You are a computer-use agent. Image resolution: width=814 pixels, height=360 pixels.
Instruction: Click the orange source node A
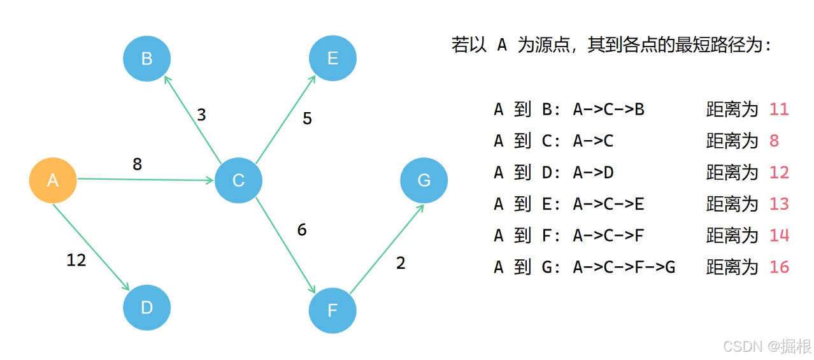click(53, 180)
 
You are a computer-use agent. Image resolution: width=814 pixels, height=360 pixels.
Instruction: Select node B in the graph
click(146, 59)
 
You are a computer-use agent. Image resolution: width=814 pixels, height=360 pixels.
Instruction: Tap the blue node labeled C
click(238, 180)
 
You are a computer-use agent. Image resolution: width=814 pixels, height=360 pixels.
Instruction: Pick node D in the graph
click(146, 308)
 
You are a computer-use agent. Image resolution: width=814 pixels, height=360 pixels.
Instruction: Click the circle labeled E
click(332, 59)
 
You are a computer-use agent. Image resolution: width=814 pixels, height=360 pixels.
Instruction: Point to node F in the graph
click(332, 310)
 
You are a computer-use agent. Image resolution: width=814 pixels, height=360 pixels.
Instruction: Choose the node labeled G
click(424, 180)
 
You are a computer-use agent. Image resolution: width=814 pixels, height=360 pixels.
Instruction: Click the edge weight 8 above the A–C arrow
click(137, 164)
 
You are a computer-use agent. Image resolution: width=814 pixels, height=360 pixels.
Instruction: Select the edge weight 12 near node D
click(76, 260)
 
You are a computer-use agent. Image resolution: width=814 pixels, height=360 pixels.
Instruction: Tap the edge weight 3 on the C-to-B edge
click(201, 115)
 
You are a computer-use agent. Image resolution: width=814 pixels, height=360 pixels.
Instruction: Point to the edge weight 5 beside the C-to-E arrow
click(307, 119)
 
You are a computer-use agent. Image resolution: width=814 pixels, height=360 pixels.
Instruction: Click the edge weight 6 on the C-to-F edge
click(302, 229)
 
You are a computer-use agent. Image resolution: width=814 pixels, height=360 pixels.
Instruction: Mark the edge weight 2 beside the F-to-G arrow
click(401, 263)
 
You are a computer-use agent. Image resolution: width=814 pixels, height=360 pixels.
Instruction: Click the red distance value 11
click(779, 110)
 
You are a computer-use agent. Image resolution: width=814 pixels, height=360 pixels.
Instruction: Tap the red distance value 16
click(779, 267)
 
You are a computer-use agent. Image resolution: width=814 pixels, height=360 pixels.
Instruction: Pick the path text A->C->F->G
click(624, 267)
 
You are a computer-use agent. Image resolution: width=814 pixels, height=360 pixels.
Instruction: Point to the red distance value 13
click(779, 204)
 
